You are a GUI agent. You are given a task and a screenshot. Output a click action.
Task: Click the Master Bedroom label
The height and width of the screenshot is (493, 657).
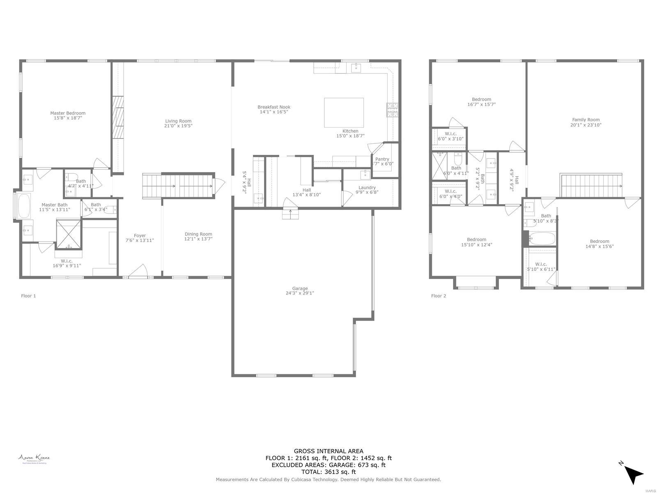(68, 113)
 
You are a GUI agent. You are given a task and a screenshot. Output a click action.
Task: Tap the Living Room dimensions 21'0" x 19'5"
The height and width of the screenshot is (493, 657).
(178, 126)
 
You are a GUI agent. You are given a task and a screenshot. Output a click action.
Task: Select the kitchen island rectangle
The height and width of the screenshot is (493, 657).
(344, 113)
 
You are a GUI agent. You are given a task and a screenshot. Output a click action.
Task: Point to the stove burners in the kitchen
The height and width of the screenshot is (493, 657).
(392, 110)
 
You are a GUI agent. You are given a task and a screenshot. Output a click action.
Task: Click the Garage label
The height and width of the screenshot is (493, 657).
(300, 288)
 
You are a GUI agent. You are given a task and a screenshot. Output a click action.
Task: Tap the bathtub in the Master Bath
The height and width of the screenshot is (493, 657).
(24, 206)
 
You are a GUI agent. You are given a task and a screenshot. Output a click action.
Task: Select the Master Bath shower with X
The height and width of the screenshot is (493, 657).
(69, 234)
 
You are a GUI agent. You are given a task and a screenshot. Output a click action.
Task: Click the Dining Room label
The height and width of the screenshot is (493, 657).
(198, 234)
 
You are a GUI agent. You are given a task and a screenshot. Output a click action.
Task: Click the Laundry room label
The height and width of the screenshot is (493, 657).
(367, 187)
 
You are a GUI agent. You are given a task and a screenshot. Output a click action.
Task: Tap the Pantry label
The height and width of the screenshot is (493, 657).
(382, 159)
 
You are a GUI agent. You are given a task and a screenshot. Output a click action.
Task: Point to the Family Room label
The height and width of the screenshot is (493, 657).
(586, 120)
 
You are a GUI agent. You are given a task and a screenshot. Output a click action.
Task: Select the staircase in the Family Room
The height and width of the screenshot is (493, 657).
(591, 185)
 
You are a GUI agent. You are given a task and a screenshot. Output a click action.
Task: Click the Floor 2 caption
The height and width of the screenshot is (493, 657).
(438, 296)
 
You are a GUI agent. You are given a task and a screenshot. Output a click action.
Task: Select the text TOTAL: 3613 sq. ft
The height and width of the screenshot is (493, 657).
(328, 472)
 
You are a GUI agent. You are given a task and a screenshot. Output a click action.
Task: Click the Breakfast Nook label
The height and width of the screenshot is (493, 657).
(274, 107)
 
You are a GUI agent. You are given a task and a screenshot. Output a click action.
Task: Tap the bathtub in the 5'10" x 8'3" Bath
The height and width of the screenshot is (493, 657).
(542, 238)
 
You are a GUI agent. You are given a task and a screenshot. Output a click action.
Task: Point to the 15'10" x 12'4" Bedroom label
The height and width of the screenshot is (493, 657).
(476, 240)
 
